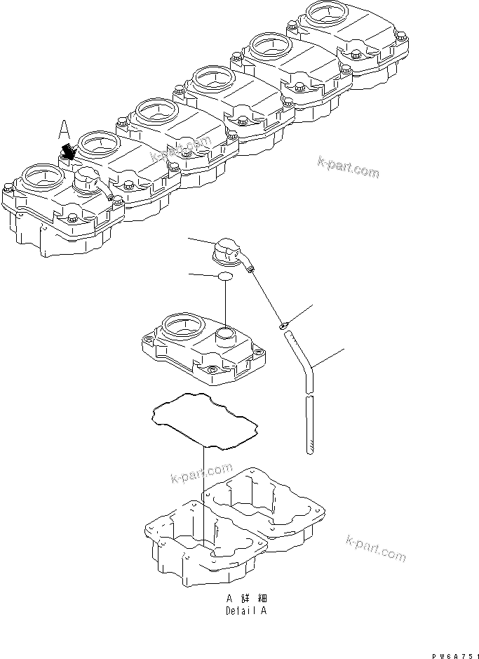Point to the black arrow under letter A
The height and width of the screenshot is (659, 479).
(x=69, y=150)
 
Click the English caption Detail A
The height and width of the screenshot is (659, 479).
(x=245, y=611)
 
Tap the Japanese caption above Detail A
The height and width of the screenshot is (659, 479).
(x=246, y=599)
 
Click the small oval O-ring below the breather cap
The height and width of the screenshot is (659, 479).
(x=224, y=277)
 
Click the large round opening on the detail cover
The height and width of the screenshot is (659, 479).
(x=183, y=325)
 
